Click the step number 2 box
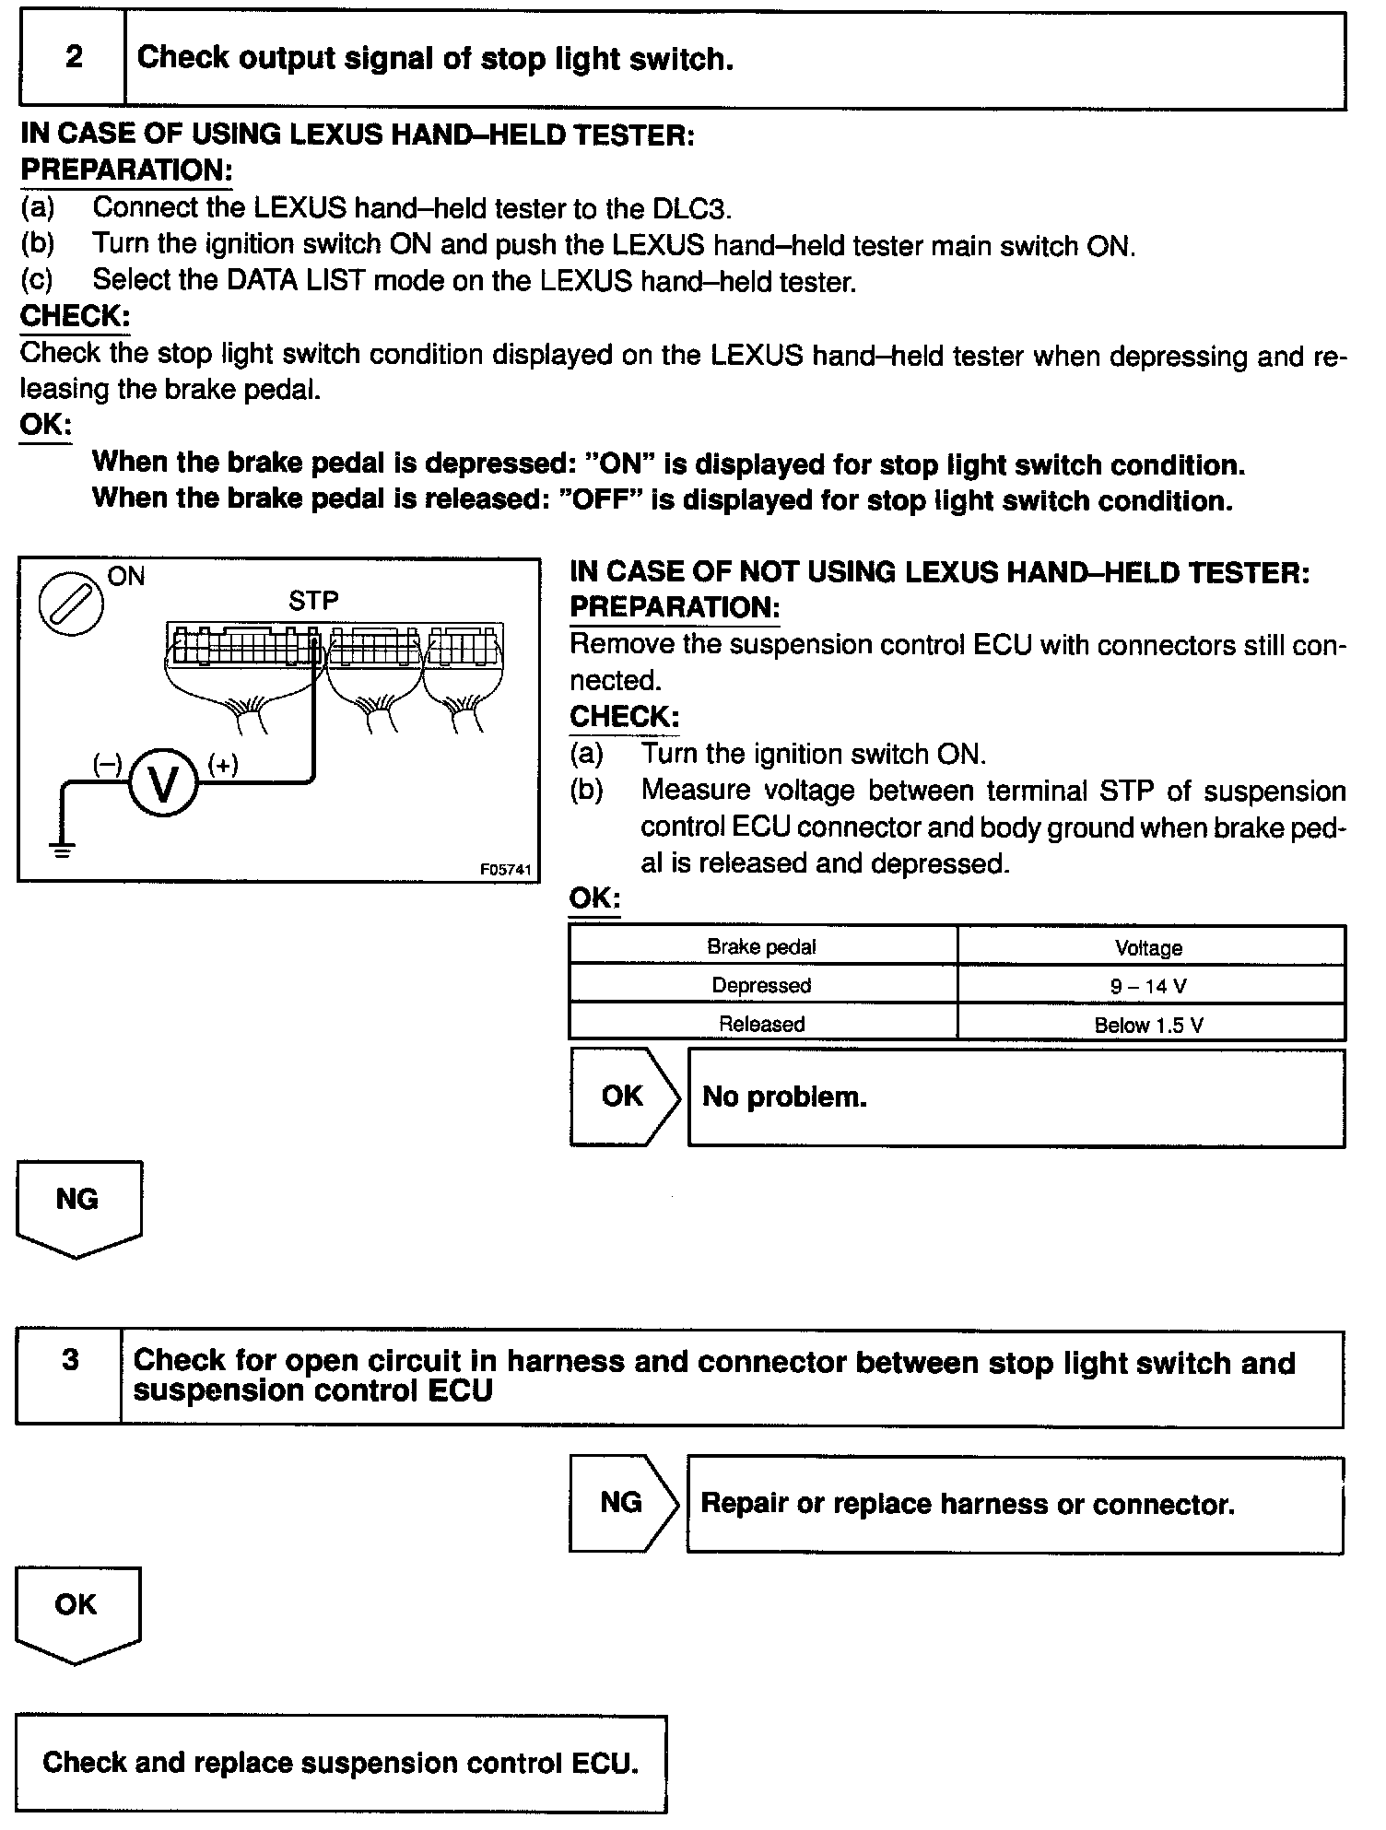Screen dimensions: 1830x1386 73,58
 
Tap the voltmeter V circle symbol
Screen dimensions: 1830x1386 163,784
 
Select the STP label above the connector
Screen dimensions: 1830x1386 313,601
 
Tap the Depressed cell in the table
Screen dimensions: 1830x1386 761,986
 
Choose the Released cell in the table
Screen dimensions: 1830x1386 761,1024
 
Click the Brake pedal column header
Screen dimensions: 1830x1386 761,947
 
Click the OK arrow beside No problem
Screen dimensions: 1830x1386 623,1097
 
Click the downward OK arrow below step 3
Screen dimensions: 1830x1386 76,1612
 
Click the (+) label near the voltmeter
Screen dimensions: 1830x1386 223,764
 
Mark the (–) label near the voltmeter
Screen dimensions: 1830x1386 107,764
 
